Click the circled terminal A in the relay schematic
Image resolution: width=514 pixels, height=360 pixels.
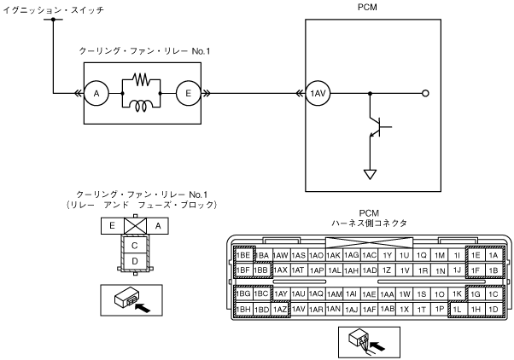(96, 93)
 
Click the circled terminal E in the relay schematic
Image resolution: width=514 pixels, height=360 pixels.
(188, 93)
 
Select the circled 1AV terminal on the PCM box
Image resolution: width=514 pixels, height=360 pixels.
(318, 93)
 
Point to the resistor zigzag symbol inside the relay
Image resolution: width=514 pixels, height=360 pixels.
(141, 79)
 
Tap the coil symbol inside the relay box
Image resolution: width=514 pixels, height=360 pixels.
(141, 106)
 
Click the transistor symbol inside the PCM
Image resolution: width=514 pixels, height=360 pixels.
(378, 127)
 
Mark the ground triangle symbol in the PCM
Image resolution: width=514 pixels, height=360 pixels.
(370, 174)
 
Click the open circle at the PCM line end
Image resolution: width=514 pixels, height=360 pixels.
(425, 93)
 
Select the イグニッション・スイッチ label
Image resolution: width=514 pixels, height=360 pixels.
(54, 10)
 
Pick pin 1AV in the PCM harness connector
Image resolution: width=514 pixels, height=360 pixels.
(298, 309)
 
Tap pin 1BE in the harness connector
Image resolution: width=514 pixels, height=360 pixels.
(243, 255)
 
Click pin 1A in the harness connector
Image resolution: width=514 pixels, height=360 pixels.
(494, 255)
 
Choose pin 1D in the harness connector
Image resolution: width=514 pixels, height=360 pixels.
(494, 309)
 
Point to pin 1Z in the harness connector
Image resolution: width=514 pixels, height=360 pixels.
(387, 270)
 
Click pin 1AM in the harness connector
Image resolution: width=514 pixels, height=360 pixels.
(334, 293)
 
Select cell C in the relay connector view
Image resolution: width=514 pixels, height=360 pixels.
(134, 246)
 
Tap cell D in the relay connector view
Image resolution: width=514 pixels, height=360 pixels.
(134, 261)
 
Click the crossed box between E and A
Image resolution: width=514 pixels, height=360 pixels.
(135, 226)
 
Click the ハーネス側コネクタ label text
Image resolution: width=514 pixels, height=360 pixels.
(369, 223)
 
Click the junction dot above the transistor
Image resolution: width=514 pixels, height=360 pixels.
(370, 93)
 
